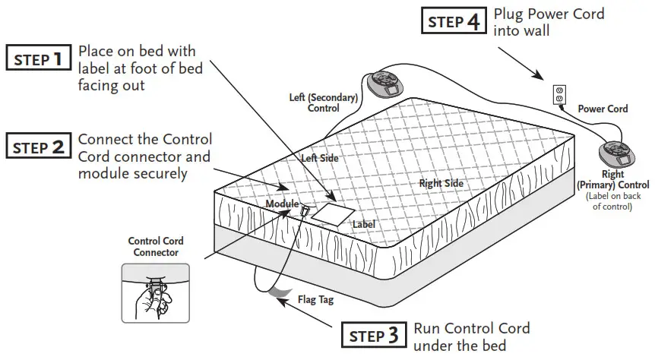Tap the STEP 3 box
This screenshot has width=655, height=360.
372,335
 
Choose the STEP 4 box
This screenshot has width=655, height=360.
454,21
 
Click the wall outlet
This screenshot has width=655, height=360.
559,96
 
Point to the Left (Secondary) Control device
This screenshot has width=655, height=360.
389,83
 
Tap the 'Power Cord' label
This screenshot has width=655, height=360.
603,109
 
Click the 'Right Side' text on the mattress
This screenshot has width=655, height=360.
441,183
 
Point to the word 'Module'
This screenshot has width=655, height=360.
281,204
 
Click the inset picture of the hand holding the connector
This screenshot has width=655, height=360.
155,292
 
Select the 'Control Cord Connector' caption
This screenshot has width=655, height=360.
155,247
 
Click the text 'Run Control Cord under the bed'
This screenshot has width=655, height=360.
470,336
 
